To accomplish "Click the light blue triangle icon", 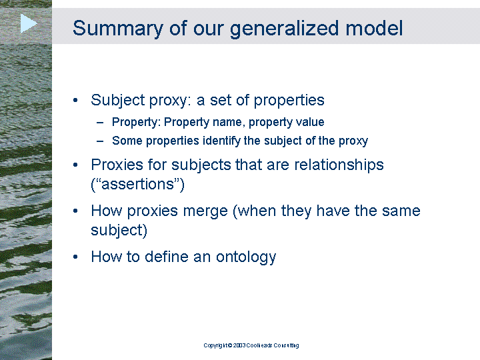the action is (28, 23).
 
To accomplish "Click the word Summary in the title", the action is (118, 29).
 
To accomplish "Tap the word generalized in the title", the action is (285, 29).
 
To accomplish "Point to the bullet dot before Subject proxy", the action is (75, 100).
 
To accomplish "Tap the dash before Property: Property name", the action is (100, 123).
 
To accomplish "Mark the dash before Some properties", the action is (100, 141).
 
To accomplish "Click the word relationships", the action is (339, 165).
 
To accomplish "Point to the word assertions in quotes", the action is (137, 184).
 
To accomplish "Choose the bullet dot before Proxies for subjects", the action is (75, 165).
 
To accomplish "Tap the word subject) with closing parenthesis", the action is (119, 230).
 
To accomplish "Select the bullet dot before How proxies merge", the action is (75, 211).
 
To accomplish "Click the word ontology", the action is (246, 257).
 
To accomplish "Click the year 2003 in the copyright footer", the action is (239, 345).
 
